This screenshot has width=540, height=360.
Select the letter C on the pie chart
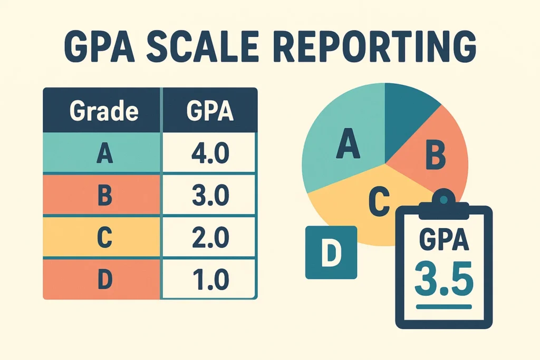click(378, 200)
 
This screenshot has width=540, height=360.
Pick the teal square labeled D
click(331, 252)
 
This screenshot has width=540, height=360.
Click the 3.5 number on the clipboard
click(443, 280)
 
